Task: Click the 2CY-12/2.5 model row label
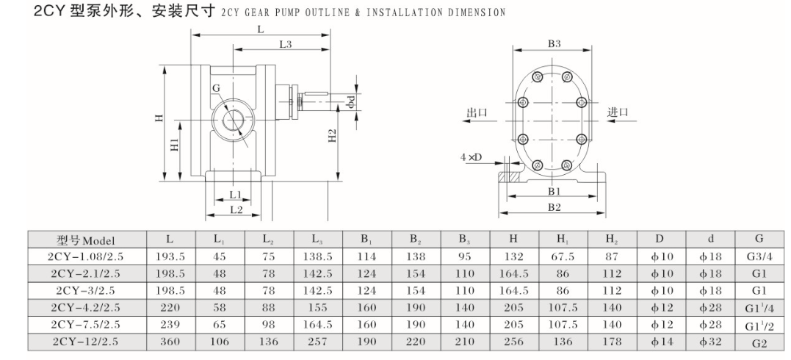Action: pyautogui.click(x=86, y=340)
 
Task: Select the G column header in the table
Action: pyautogui.click(x=759, y=239)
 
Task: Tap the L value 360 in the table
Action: pyautogui.click(x=170, y=340)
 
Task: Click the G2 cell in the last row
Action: pyautogui.click(x=759, y=341)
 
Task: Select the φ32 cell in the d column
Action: pyautogui.click(x=709, y=340)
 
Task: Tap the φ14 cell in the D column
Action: pyautogui.click(x=660, y=340)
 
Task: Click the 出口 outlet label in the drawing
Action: pyautogui.click(x=477, y=112)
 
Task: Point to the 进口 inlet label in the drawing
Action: pyautogui.click(x=618, y=112)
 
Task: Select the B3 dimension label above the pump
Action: pyautogui.click(x=555, y=44)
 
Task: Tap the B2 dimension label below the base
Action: pyautogui.click(x=554, y=207)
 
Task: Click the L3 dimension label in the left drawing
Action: pyautogui.click(x=286, y=46)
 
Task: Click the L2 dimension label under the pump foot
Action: pyautogui.click(x=235, y=209)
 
